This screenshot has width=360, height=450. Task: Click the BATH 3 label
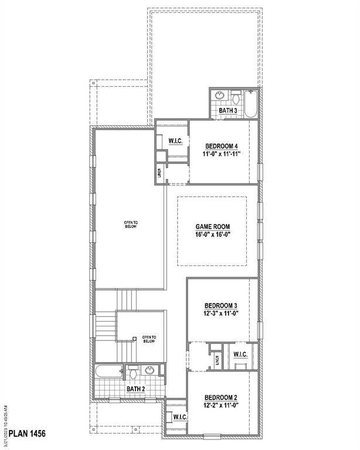coord(229,111)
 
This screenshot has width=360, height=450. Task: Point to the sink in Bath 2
coord(150,370)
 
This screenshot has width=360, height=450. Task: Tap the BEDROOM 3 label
coord(221,305)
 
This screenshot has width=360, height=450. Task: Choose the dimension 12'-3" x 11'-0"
coord(221,314)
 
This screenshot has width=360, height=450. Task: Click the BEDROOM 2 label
coord(221,398)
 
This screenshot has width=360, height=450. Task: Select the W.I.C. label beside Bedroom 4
coord(176,141)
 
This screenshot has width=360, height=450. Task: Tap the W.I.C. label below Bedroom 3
coord(240,354)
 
